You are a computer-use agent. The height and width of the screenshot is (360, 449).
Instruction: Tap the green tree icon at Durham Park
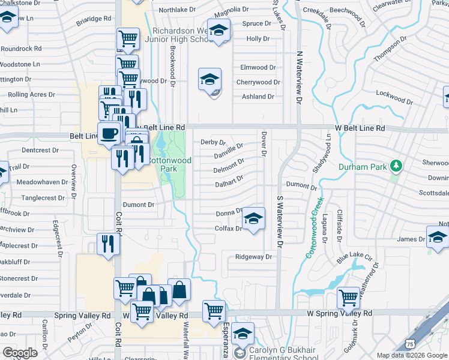pos(396,165)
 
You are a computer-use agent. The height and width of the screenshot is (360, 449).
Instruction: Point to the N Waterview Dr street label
pos(298,76)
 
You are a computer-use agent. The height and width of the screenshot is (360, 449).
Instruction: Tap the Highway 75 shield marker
pos(410,343)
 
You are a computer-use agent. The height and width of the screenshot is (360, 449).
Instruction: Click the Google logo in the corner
pos(20,353)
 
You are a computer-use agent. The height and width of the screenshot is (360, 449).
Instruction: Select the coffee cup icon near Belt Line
pos(109,133)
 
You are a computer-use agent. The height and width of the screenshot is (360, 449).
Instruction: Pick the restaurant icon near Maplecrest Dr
pos(107,244)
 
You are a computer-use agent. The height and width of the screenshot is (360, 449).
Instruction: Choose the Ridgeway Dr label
pos(253,257)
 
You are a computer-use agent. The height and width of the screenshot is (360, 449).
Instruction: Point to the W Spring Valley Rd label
pos(339,313)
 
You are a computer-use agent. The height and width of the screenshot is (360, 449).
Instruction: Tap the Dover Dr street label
pos(263,145)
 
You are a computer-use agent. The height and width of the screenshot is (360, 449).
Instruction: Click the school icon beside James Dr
pos(437,238)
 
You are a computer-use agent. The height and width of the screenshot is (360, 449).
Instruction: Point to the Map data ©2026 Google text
pos(412,355)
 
